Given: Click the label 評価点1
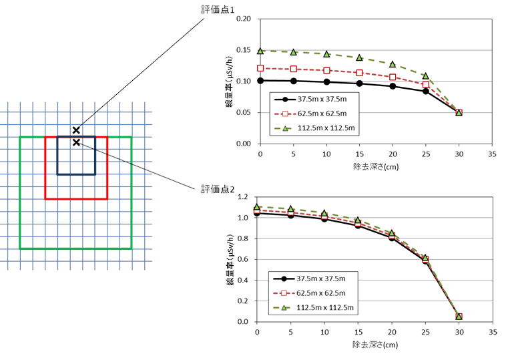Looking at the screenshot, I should (219, 10).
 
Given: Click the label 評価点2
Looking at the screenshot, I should (218, 189).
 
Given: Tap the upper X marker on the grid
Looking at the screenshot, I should (76, 130).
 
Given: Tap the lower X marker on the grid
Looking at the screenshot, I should (76, 142).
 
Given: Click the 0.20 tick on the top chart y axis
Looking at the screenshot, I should (244, 19).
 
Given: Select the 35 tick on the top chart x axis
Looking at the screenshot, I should (493, 154).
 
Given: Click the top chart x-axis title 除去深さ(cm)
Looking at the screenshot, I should (376, 164).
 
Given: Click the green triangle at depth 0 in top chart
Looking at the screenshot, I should (261, 51).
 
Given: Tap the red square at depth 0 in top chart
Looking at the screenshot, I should (261, 68).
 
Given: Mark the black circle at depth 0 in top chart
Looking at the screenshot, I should (261, 81).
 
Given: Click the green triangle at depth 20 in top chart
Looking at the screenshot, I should (393, 64).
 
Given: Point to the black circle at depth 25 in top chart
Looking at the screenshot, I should (426, 91).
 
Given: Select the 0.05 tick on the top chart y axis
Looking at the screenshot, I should (244, 112).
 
